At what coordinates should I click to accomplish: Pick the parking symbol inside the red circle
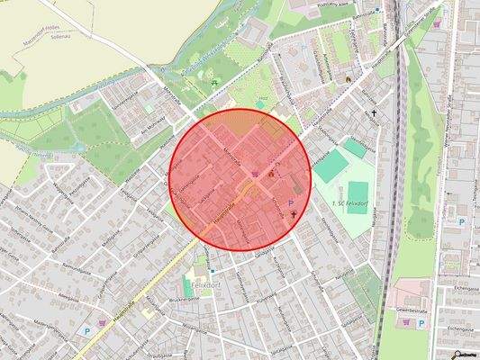290,205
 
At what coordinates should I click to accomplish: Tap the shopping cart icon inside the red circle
256,173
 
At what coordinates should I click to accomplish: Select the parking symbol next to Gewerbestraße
461,220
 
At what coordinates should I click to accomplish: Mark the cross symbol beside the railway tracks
375,112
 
